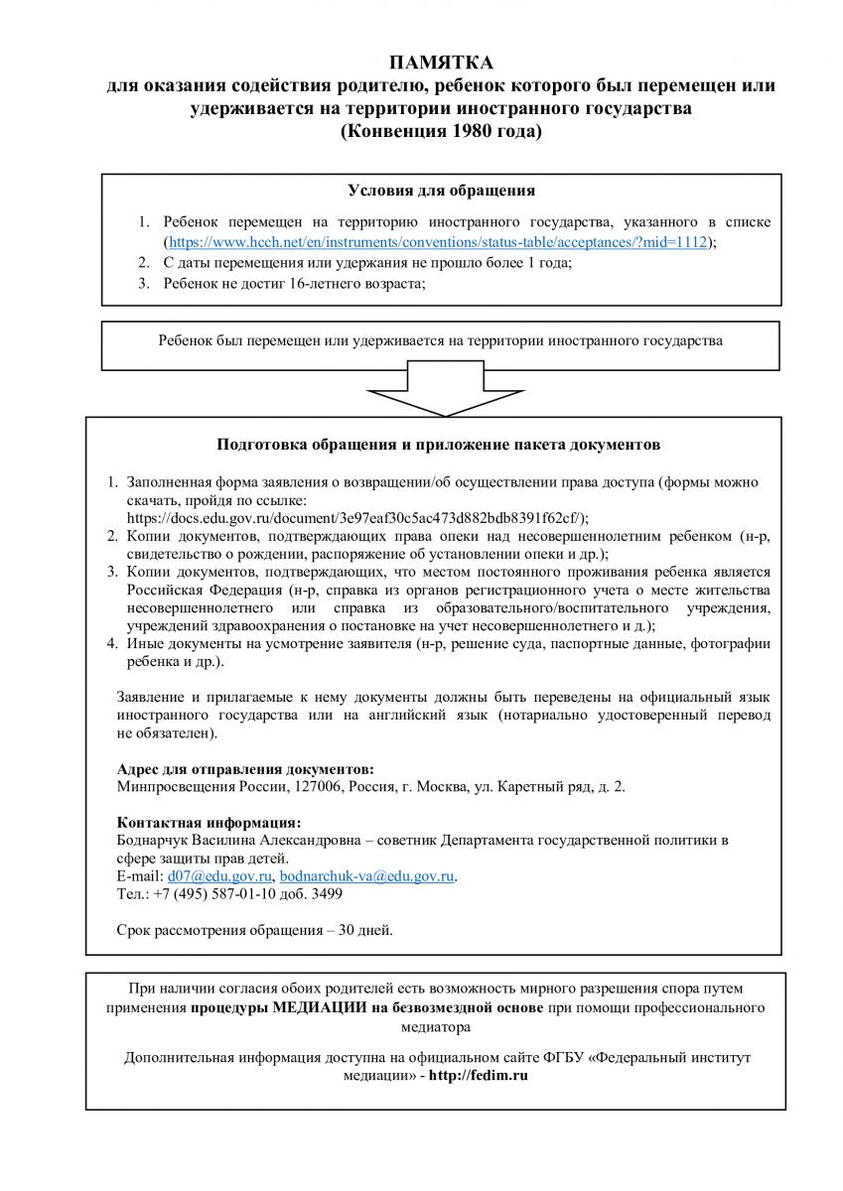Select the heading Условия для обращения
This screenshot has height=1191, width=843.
coord(442,191)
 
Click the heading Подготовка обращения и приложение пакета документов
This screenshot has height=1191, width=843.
coord(439,445)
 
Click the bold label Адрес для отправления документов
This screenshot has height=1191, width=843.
coord(246,768)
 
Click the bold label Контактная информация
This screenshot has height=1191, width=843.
coord(209,822)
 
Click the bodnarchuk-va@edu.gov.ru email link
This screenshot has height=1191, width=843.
coord(367,876)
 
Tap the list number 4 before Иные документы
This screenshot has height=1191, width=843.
coord(113,643)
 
